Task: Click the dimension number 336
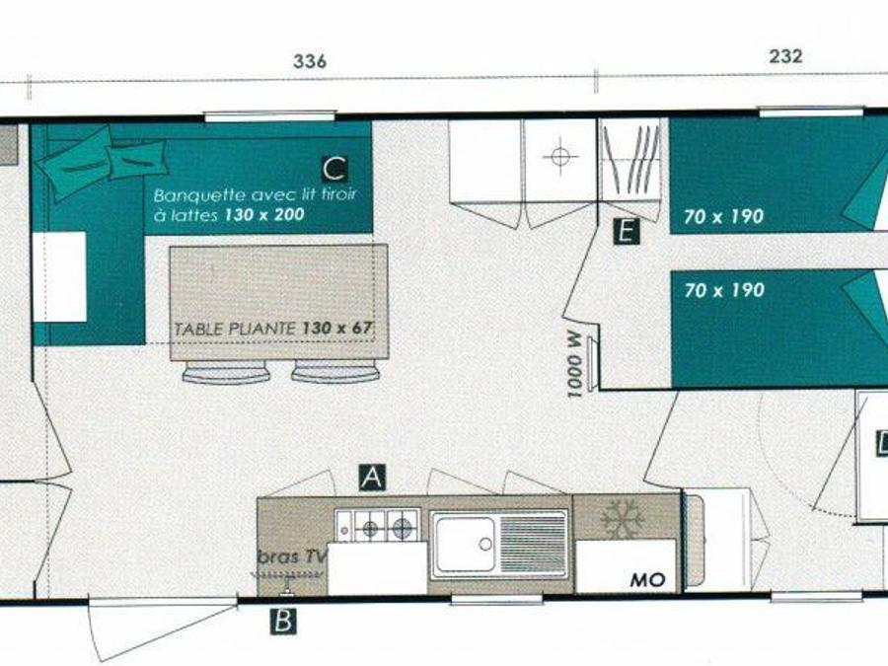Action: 310,61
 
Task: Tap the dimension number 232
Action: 785,55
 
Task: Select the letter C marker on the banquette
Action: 334,169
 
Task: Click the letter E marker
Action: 626,232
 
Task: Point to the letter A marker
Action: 372,477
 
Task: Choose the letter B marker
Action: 283,621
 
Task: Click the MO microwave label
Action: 648,580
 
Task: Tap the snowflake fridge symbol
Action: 622,518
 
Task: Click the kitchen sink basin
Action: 465,545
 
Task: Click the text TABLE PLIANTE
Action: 235,329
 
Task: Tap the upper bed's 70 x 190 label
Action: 723,216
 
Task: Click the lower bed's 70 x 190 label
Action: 724,290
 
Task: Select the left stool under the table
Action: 226,372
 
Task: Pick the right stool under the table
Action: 335,372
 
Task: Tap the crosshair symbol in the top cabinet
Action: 559,155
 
